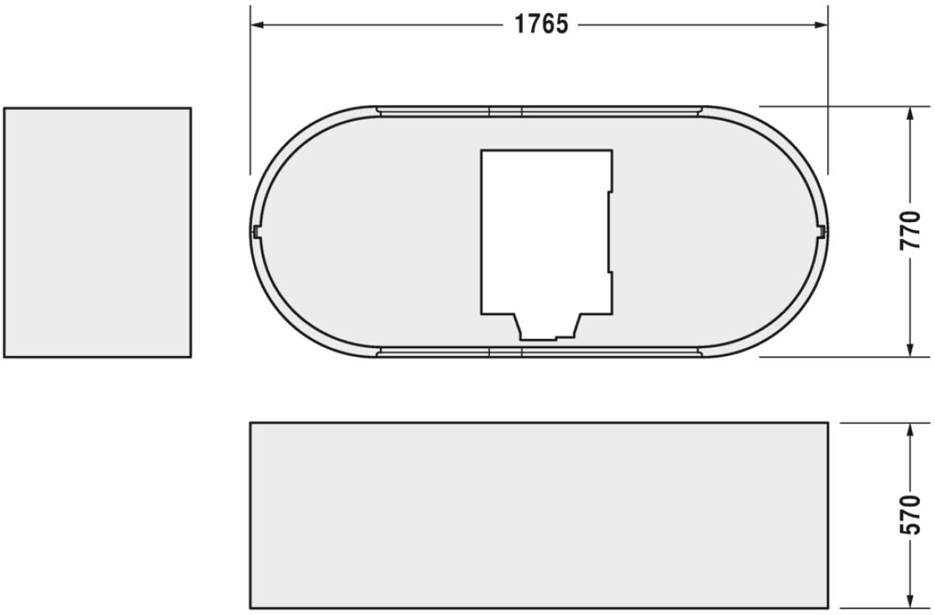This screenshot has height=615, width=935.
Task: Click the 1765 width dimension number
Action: tap(541, 24)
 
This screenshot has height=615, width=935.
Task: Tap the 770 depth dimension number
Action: tap(911, 230)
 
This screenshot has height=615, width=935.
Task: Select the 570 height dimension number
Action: tap(911, 514)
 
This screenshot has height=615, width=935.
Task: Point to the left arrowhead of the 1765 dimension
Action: tap(256, 24)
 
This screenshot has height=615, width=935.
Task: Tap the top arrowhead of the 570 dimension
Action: tap(911, 429)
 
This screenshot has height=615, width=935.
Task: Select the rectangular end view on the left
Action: tap(98, 232)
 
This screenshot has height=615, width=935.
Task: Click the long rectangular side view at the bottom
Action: tap(539, 515)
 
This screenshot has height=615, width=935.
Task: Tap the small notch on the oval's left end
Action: tap(256, 231)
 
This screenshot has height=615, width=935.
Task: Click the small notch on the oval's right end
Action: tap(821, 231)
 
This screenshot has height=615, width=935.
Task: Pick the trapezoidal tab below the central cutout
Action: tap(549, 326)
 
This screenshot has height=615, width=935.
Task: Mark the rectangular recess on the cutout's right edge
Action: tap(610, 232)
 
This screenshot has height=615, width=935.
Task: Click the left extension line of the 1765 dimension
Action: tap(250, 86)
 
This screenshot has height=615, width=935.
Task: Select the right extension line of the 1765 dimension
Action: tap(828, 86)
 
